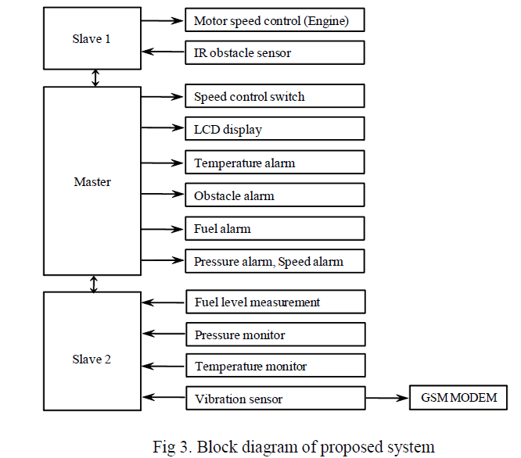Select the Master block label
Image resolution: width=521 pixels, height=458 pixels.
[92, 182]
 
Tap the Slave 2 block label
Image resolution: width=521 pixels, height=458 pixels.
[92, 360]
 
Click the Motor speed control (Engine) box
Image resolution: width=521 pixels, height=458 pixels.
[275, 20]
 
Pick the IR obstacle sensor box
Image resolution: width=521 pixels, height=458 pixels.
[275, 52]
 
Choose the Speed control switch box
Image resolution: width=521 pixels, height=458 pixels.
[275, 97]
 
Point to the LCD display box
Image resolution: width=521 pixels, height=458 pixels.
[275, 129]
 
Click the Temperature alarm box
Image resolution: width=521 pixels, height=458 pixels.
[275, 163]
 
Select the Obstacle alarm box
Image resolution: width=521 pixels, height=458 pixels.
[275, 195]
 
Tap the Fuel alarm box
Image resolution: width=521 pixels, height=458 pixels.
[275, 228]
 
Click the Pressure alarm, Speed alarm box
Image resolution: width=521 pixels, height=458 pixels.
[275, 261]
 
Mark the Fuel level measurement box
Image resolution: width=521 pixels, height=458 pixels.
[275, 302]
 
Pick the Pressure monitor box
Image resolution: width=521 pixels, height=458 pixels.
[275, 335]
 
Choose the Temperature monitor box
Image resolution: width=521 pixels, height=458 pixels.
[275, 366]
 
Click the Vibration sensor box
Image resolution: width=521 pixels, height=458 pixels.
[275, 399]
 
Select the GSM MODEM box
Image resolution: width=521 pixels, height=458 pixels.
[458, 398]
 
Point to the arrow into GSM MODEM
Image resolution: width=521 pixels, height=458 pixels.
[387, 399]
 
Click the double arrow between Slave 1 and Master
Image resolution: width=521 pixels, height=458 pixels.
[95, 77]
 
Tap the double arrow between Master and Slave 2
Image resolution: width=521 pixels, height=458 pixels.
[94, 282]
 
